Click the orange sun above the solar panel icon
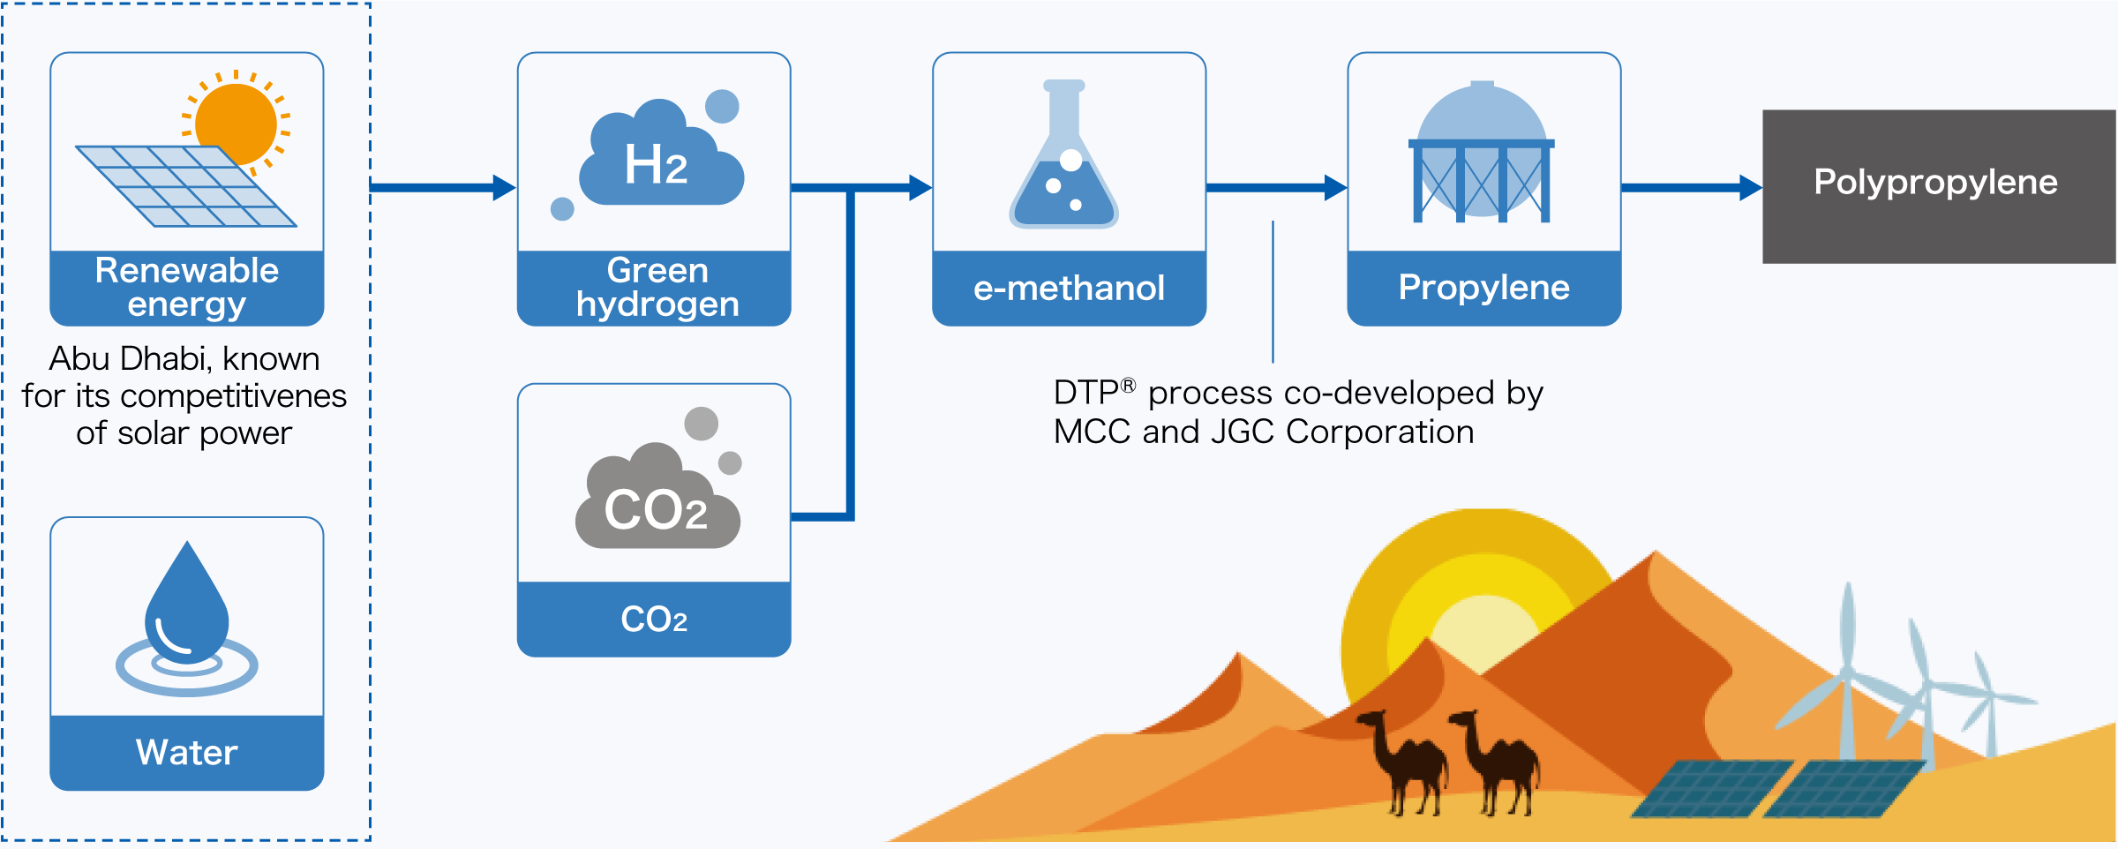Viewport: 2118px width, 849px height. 237,124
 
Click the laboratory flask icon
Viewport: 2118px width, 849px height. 1064,159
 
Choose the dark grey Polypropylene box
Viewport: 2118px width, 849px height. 1938,186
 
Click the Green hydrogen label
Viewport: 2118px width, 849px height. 657,287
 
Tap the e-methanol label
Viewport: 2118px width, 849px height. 1069,288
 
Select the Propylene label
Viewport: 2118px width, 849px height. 1483,288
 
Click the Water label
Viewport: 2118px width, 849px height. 187,752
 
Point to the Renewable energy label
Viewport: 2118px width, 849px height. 187,287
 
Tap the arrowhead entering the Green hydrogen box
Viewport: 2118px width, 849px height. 504,187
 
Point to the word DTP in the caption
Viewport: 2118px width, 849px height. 1085,393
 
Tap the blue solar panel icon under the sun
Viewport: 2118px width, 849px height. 185,185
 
